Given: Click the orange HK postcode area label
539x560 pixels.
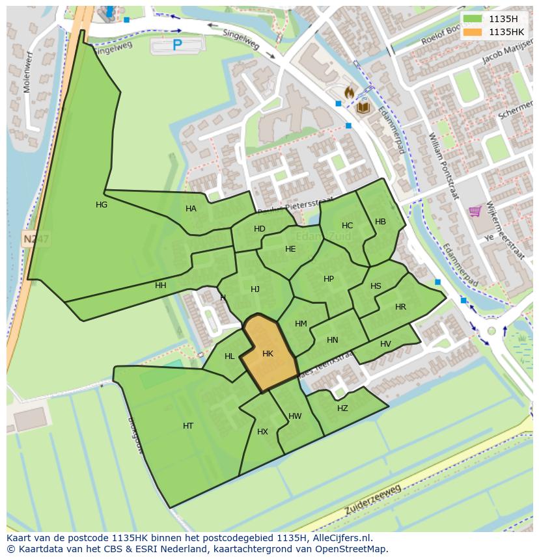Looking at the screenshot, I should [x=268, y=354].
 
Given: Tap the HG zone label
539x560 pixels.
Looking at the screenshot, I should [x=102, y=205].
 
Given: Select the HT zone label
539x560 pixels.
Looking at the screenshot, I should [x=188, y=426].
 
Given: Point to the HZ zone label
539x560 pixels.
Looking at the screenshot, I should [x=342, y=408].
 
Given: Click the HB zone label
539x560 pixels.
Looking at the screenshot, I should [x=380, y=222].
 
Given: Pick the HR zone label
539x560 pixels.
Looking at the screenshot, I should [x=400, y=307].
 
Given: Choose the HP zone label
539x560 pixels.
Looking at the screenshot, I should [x=329, y=279].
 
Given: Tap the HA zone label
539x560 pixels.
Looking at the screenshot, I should [x=191, y=209].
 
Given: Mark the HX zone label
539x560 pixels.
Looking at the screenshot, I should [x=262, y=432].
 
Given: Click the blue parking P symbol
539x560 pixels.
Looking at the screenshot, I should [x=177, y=45].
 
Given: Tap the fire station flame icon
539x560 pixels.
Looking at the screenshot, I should [x=350, y=93].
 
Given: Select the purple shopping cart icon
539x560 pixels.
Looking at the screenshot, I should [x=475, y=211].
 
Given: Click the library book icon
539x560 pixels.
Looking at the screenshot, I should [x=362, y=107].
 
